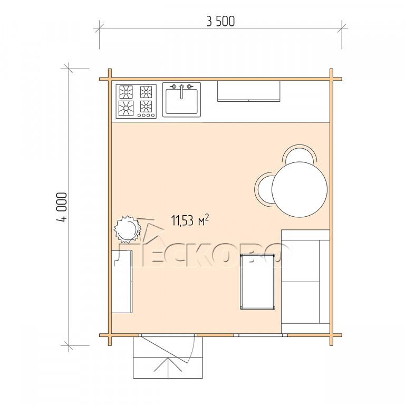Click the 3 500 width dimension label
pyautogui.click(x=220, y=22)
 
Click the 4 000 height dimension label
pyautogui.click(x=62, y=207)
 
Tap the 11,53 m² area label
pyautogui.click(x=190, y=220)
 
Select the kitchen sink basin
pyautogui.click(x=181, y=101)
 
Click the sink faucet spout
pyautogui.click(x=181, y=92)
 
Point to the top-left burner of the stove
pyautogui.click(x=126, y=92)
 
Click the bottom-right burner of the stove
pyautogui.click(x=146, y=107)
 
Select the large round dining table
pyautogui.click(x=300, y=189)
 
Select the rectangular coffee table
pyautogui.click(x=257, y=282)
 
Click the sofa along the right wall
pyautogui.click(x=305, y=281)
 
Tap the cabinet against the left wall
pyautogui.click(x=122, y=282)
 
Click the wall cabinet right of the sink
pyautogui.click(x=249, y=91)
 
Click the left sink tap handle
pyautogui.click(x=173, y=86)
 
